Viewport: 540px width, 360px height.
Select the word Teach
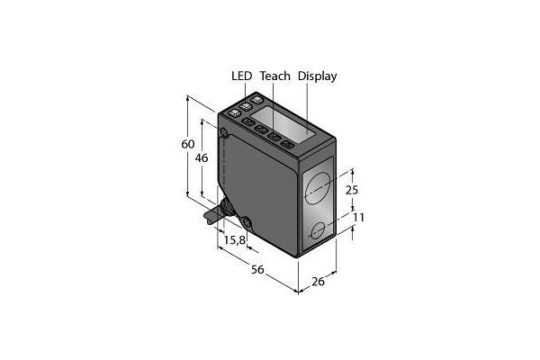[x=274, y=76]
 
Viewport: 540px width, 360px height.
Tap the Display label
[x=317, y=76]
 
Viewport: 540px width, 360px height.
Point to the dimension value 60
[x=187, y=145]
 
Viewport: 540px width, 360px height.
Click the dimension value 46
[x=202, y=157]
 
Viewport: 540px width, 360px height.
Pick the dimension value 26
[x=317, y=282]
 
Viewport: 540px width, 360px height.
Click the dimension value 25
[x=352, y=190]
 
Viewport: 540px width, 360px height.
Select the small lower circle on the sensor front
[x=318, y=233]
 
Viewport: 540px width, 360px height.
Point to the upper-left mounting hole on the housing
[x=224, y=137]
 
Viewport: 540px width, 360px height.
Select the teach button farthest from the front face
[x=248, y=127]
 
